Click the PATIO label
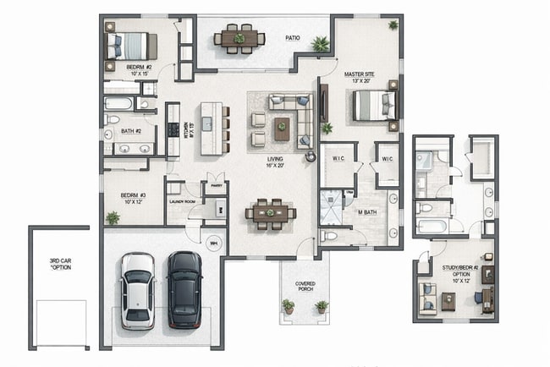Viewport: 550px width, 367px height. coord(293,38)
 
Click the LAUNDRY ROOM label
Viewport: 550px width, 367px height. coord(182,202)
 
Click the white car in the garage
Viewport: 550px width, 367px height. coord(137,290)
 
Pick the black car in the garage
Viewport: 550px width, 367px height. coord(184,288)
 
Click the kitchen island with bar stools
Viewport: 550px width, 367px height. coord(212,129)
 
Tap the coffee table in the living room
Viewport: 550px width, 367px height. coord(282,129)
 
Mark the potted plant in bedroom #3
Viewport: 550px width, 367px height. coord(113,218)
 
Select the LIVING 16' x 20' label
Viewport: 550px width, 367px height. coord(275,162)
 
